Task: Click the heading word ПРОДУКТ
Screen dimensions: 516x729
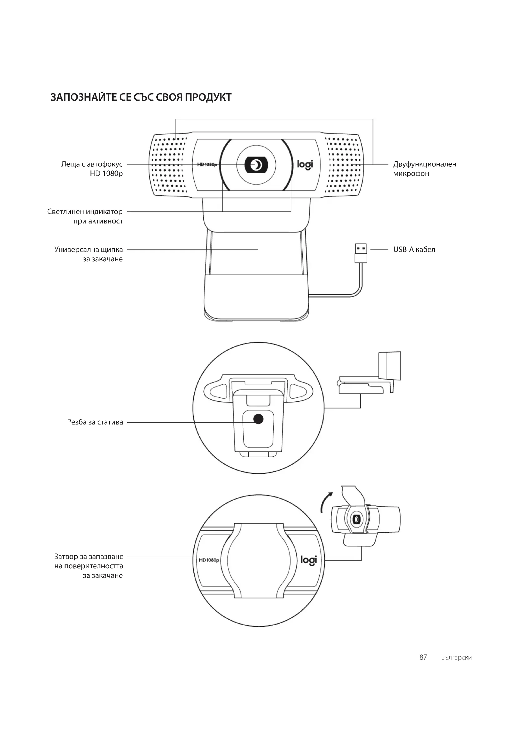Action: [208, 97]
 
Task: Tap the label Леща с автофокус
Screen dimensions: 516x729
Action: [92, 165]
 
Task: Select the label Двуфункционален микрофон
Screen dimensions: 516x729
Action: [425, 169]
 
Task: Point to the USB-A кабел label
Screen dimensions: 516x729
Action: [414, 250]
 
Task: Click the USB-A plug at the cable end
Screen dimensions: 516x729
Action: [361, 253]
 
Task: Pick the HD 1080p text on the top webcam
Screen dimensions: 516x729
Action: [207, 165]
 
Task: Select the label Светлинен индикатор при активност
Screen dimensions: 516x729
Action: [85, 216]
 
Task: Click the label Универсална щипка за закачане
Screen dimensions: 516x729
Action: [89, 254]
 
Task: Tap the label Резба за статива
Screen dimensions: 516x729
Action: [95, 422]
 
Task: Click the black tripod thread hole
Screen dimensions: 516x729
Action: [258, 419]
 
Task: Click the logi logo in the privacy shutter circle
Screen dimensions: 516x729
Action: [309, 560]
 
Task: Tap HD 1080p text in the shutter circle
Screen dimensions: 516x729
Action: [209, 560]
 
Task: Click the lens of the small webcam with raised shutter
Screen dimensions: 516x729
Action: [356, 519]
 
